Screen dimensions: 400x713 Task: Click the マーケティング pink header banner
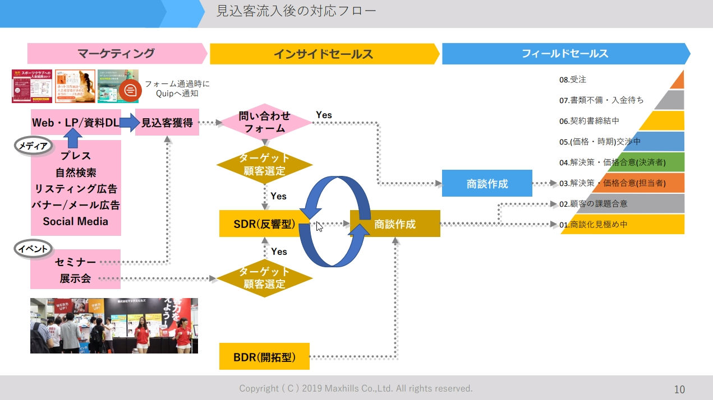116,54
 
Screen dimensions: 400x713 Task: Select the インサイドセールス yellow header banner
323,54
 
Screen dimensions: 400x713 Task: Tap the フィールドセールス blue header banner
564,54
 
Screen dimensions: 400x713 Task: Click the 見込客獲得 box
167,122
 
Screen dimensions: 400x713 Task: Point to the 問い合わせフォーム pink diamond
264,122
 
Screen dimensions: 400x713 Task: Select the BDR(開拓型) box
264,356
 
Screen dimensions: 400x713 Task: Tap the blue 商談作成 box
486,183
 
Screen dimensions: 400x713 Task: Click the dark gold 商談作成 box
395,224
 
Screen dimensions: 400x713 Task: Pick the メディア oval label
33,145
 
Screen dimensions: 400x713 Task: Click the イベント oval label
33,248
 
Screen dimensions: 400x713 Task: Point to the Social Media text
75,221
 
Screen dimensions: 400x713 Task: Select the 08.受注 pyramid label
573,80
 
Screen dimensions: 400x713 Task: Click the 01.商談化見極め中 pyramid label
594,225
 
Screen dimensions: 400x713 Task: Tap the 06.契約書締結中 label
589,121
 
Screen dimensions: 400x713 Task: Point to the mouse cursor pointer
318,226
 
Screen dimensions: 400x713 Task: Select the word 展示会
75,278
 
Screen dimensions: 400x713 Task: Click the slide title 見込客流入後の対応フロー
296,11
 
